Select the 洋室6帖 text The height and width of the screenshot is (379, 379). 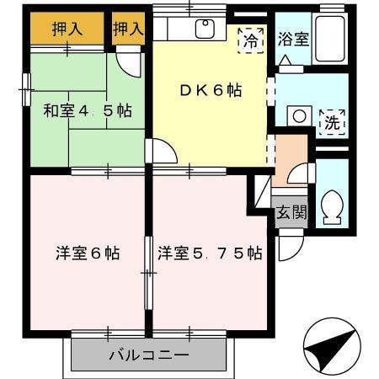click(x=87, y=253)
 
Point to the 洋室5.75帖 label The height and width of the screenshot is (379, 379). click(x=209, y=253)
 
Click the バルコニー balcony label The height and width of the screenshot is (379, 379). click(x=148, y=355)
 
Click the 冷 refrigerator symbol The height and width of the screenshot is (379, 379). click(x=250, y=39)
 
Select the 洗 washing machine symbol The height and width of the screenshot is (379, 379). click(x=333, y=121)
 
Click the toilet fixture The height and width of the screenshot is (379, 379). click(x=331, y=206)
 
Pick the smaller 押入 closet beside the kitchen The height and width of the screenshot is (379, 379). click(x=129, y=29)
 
